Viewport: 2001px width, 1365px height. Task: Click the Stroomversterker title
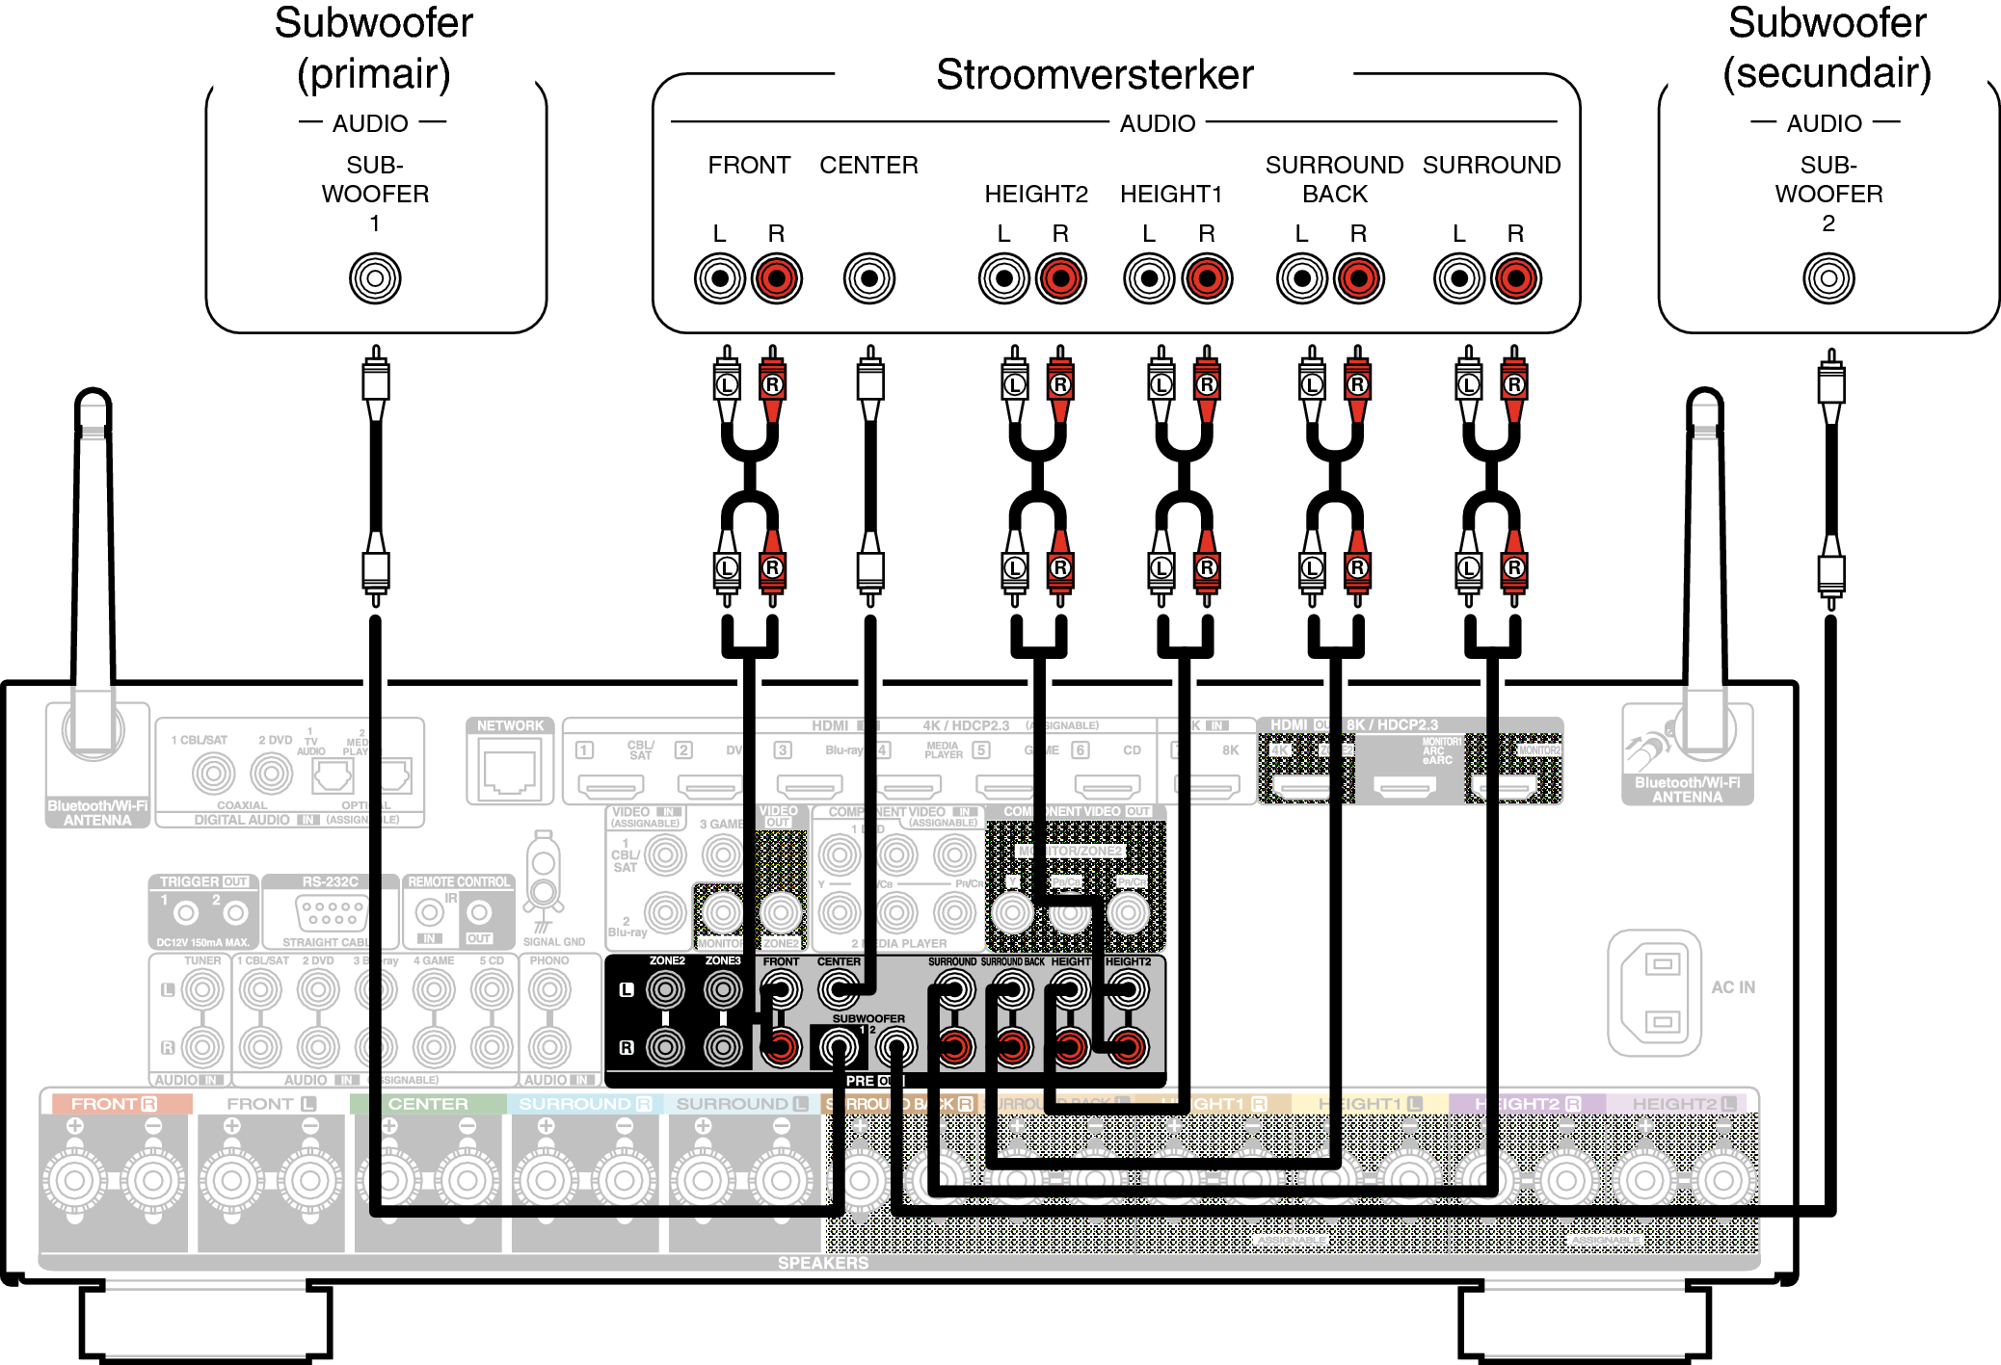pyautogui.click(x=1094, y=75)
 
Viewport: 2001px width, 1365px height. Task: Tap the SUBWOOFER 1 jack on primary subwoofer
pyautogui.click(x=375, y=278)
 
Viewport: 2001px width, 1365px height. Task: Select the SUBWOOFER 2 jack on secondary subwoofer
pyautogui.click(x=1828, y=278)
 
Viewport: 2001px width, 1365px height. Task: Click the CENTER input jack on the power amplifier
pyautogui.click(x=868, y=278)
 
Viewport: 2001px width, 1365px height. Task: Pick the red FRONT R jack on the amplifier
pyautogui.click(x=776, y=278)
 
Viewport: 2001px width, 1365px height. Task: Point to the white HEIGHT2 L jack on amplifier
pyautogui.click(x=1003, y=278)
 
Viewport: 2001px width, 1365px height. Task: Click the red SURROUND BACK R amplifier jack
pyautogui.click(x=1358, y=278)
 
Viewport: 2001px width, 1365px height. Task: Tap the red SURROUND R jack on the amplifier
pyautogui.click(x=1515, y=278)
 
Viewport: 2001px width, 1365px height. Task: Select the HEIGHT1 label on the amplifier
pyautogui.click(x=1170, y=195)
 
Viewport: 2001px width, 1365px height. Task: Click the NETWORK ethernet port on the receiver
pyautogui.click(x=510, y=772)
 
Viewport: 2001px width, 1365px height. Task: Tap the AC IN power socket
pyautogui.click(x=1654, y=992)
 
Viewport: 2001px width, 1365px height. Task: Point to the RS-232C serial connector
pyautogui.click(x=331, y=909)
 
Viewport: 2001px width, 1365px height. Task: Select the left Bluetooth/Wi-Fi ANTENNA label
pyautogui.click(x=97, y=813)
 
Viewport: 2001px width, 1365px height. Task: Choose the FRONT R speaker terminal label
pyautogui.click(x=114, y=1104)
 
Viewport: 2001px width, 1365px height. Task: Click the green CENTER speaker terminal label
pyautogui.click(x=427, y=1104)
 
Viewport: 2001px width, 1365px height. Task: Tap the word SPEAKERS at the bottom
pyautogui.click(x=822, y=1263)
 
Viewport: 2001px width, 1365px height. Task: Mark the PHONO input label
pyautogui.click(x=549, y=960)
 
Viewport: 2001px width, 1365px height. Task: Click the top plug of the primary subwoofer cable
pyautogui.click(x=375, y=381)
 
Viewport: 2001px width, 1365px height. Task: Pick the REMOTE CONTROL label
pyautogui.click(x=459, y=881)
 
